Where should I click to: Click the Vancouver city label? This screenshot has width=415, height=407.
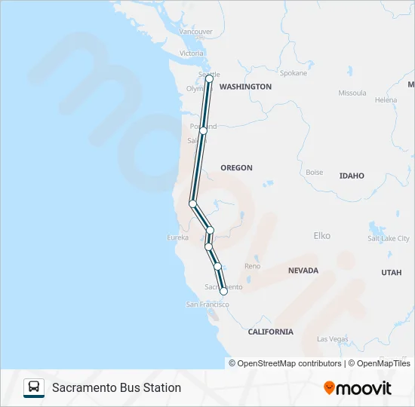tap(196, 32)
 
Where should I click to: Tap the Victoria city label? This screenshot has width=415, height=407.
tap(192, 54)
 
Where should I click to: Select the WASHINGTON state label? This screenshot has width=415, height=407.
tap(245, 87)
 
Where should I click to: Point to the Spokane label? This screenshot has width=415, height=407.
tap(294, 73)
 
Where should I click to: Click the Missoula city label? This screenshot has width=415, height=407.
tap(352, 93)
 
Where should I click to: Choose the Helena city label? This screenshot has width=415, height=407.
tap(386, 99)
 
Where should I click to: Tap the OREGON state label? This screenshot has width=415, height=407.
tap(236, 167)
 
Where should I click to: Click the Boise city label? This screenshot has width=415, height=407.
tap(314, 172)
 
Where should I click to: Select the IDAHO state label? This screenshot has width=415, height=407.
tap(352, 176)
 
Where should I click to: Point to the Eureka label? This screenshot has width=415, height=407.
tap(177, 237)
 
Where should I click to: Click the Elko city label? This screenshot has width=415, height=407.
tap(321, 236)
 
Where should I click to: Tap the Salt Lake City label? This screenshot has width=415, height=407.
tap(389, 238)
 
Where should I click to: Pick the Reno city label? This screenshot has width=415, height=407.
tap(252, 266)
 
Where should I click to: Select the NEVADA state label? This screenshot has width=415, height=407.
tap(303, 270)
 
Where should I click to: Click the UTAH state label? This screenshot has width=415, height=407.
tap(391, 272)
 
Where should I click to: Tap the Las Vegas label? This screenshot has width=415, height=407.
tap(332, 339)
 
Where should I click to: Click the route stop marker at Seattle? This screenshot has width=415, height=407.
tap(209, 78)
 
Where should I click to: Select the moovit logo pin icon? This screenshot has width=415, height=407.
tap(329, 387)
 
